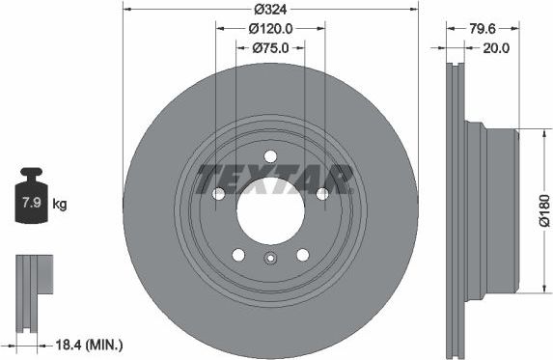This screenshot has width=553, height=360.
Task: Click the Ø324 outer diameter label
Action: tap(270, 10)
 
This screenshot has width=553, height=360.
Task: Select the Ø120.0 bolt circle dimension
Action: tap(270, 29)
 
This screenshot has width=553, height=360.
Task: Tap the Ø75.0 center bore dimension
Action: tap(270, 47)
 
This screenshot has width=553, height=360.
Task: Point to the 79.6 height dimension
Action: tap(483, 29)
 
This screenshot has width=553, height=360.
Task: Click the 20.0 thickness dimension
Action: tap(496, 48)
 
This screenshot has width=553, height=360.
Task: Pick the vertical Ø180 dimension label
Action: tap(544, 210)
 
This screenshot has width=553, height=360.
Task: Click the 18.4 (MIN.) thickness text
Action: tap(90, 345)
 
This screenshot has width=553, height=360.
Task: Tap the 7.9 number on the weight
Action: tap(32, 203)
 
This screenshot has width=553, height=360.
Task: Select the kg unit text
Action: tap(60, 205)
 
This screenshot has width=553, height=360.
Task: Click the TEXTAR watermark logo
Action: tap(275, 180)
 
